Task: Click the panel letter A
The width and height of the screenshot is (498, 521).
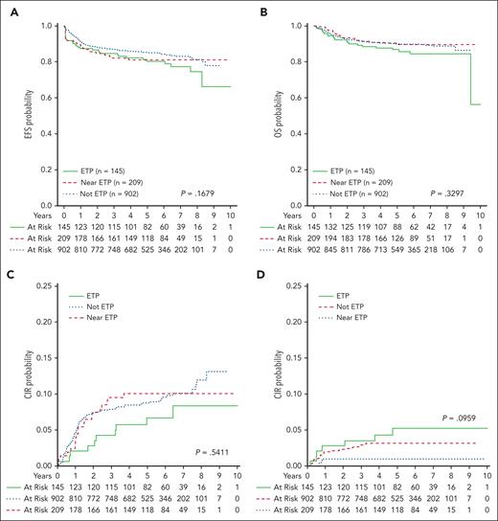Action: [8, 9]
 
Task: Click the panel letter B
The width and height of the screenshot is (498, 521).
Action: [261, 9]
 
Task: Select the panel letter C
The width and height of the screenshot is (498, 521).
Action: [8, 271]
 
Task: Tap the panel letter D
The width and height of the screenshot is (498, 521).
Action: [261, 271]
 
